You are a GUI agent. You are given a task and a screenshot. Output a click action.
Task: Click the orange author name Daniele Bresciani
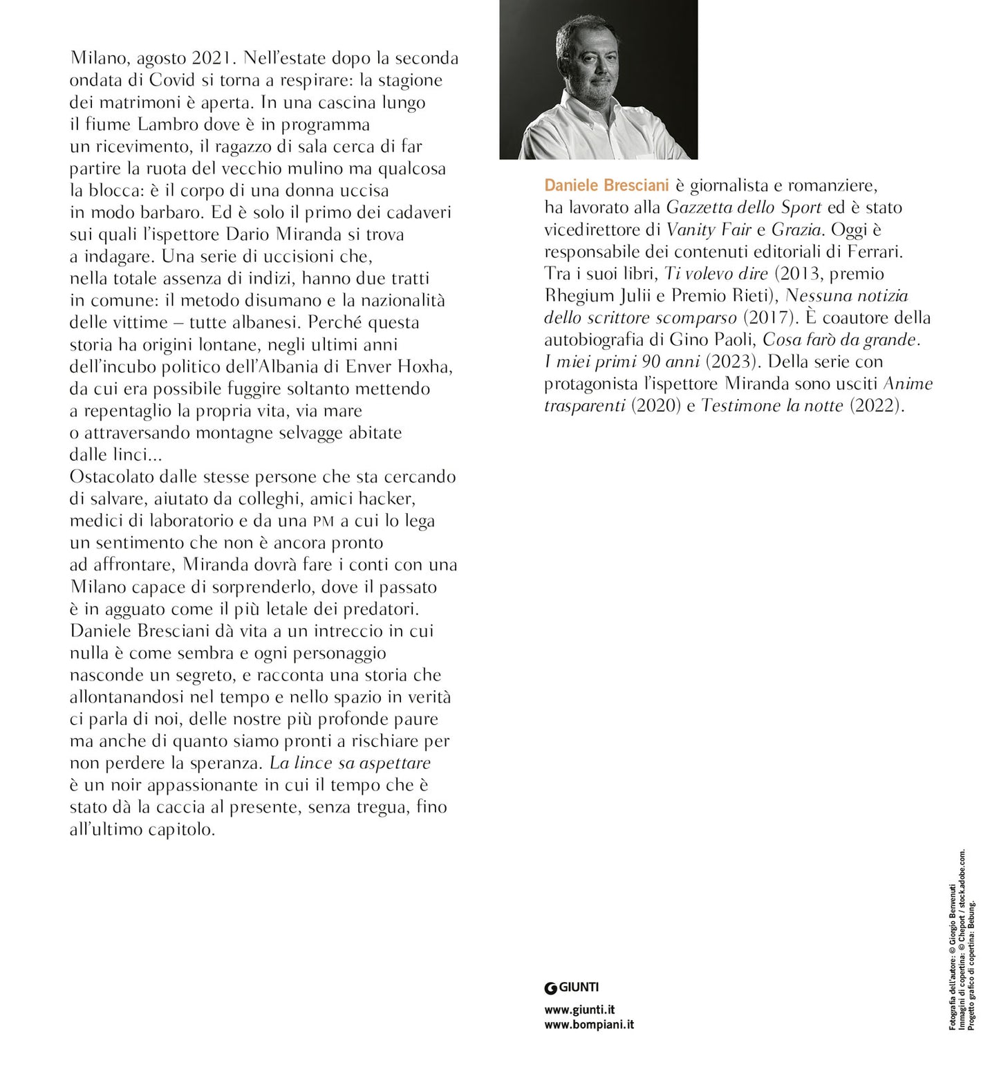pos(605,185)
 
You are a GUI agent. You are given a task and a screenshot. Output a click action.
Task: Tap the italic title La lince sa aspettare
pos(350,763)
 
